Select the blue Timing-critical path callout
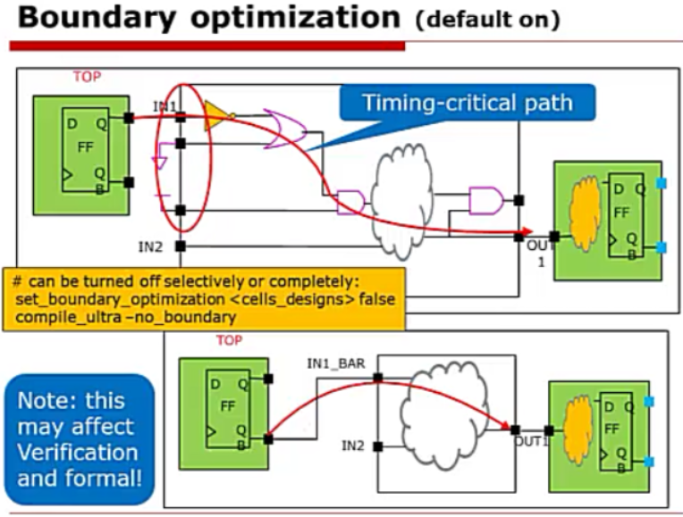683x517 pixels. click(x=467, y=103)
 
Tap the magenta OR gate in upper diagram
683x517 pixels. click(x=283, y=129)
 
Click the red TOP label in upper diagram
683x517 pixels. click(x=87, y=77)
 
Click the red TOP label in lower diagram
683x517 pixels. click(x=230, y=340)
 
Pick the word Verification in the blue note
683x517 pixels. click(x=78, y=452)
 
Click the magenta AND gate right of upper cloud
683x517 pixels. click(x=485, y=200)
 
